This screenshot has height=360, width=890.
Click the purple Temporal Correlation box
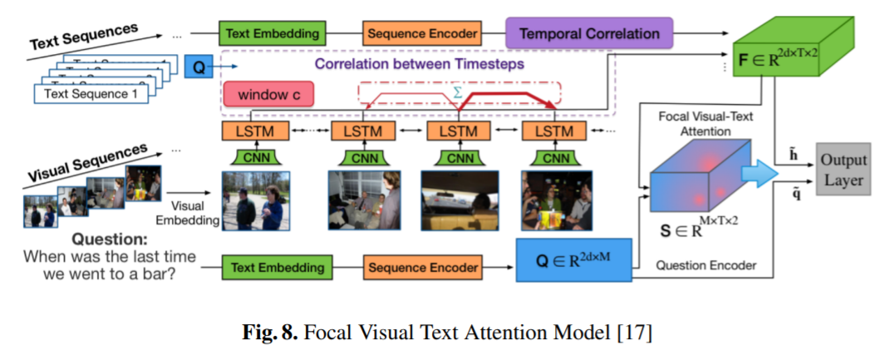[589, 34]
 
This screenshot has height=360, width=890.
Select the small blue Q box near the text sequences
[198, 66]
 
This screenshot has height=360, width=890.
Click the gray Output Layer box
[843, 170]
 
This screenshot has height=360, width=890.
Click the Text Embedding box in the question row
[277, 268]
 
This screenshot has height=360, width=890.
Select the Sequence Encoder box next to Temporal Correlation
[421, 34]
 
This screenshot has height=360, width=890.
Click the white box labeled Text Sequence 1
[91, 93]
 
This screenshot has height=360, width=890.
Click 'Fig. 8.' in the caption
[268, 333]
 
